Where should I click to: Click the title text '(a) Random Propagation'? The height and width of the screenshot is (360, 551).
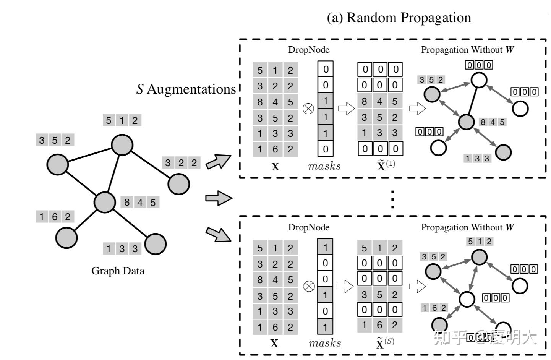pos(399,18)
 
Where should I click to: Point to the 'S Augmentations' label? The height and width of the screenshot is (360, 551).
pos(186,89)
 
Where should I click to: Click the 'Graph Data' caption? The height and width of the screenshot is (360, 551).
pos(118,271)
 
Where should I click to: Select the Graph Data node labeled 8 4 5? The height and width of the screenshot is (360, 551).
pos(105,202)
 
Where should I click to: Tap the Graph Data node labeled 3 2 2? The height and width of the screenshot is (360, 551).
pos(178,184)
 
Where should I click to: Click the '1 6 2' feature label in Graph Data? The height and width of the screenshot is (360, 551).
pos(55,217)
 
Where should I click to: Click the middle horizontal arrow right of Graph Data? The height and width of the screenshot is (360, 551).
pos(219,198)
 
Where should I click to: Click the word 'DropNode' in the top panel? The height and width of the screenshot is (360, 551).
pos(308,50)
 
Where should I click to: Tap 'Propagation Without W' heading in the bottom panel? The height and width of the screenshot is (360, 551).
pos(467,227)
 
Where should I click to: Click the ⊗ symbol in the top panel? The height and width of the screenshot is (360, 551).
pos(308,109)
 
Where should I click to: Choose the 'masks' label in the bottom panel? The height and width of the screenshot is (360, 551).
pos(325,343)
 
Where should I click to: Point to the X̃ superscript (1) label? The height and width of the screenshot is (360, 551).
pos(386,165)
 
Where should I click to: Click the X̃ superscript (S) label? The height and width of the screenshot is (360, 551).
pos(385,343)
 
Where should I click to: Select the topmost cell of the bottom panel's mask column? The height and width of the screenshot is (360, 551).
pos(325,247)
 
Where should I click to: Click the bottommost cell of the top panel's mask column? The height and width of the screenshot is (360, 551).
pos(326,149)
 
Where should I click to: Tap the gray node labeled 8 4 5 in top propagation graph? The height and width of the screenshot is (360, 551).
pos(466,122)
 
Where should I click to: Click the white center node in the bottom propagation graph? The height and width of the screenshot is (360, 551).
pos(466,299)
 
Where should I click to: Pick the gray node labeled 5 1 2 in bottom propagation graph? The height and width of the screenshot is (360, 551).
pos(479,257)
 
